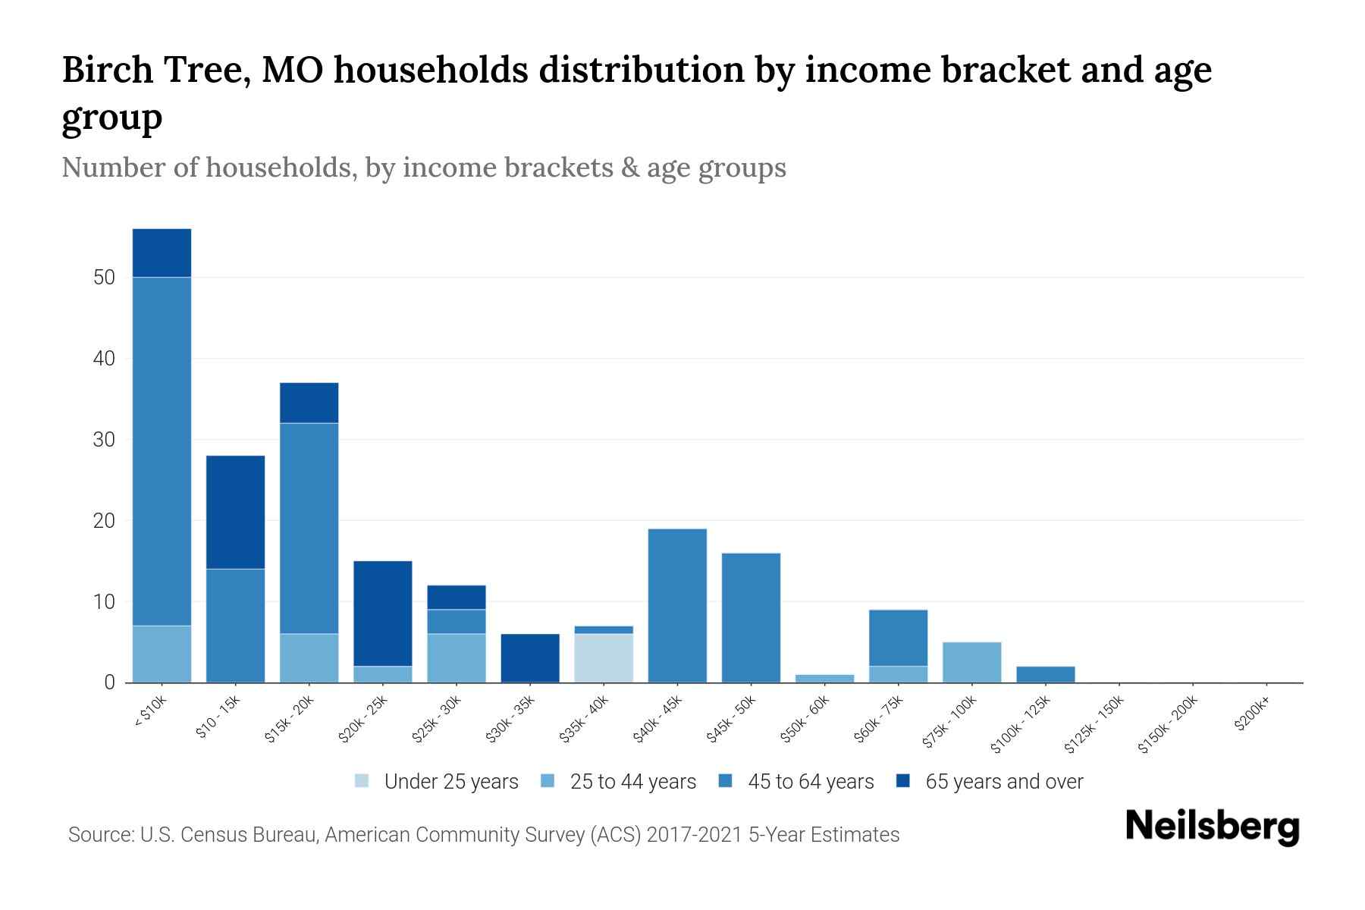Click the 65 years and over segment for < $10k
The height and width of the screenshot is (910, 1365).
(162, 253)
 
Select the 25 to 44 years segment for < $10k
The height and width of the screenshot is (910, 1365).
(162, 654)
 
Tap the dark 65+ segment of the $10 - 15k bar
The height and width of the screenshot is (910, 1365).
(235, 512)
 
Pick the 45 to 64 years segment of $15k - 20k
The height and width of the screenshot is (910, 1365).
(309, 528)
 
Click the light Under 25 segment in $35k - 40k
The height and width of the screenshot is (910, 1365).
(604, 657)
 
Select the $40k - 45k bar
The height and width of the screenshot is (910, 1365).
(677, 605)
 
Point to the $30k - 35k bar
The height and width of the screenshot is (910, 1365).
(530, 657)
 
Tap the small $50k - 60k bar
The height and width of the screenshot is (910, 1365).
(825, 678)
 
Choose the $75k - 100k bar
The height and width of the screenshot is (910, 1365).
(972, 662)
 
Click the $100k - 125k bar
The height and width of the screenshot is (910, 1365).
(1046, 674)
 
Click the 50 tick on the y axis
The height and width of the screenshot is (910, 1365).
(104, 278)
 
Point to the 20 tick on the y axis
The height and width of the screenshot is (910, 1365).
(104, 521)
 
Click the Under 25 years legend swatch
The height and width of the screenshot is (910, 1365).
(362, 781)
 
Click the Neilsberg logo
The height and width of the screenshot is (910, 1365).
(1212, 827)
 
